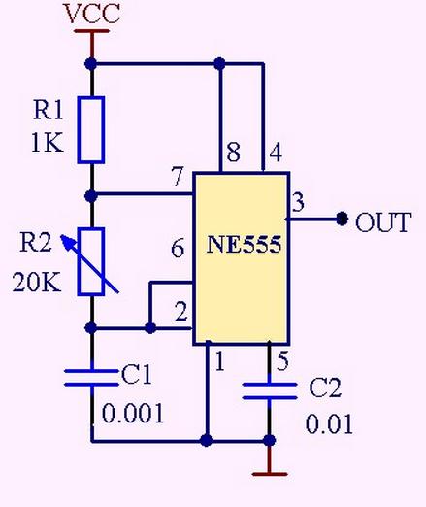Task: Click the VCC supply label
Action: (x=93, y=14)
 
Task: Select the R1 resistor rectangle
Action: (x=91, y=129)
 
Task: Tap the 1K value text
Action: (x=48, y=143)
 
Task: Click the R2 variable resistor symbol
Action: (x=90, y=261)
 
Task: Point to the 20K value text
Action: (x=37, y=283)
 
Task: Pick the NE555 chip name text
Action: (x=244, y=244)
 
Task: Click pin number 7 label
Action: (x=178, y=177)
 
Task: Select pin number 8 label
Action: (x=234, y=152)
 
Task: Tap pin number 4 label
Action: (x=276, y=152)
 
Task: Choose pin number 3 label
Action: (x=298, y=202)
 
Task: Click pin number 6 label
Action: (x=178, y=248)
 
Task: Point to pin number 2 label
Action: (x=181, y=312)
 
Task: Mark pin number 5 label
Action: (x=282, y=360)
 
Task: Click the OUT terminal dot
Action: (x=342, y=219)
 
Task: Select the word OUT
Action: (x=383, y=222)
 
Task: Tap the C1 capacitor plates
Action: (x=92, y=378)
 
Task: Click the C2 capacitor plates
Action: (x=270, y=390)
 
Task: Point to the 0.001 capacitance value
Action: (x=133, y=414)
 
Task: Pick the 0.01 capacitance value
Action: (x=329, y=424)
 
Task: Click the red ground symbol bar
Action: (x=270, y=474)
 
